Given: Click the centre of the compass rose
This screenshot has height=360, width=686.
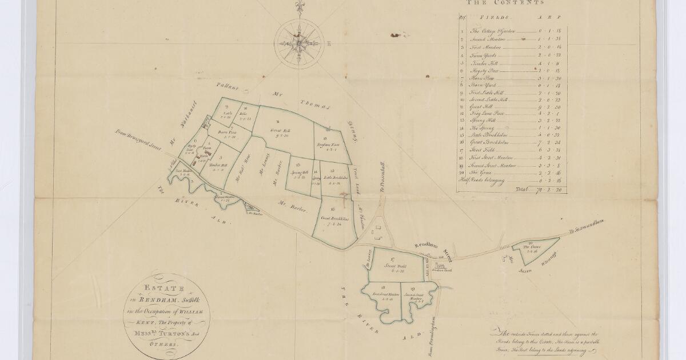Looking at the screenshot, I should tap(298, 42).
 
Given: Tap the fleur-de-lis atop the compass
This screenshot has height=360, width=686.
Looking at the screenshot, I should tap(298, 7).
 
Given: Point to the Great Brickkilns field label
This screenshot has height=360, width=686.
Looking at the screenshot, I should tap(335, 219).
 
